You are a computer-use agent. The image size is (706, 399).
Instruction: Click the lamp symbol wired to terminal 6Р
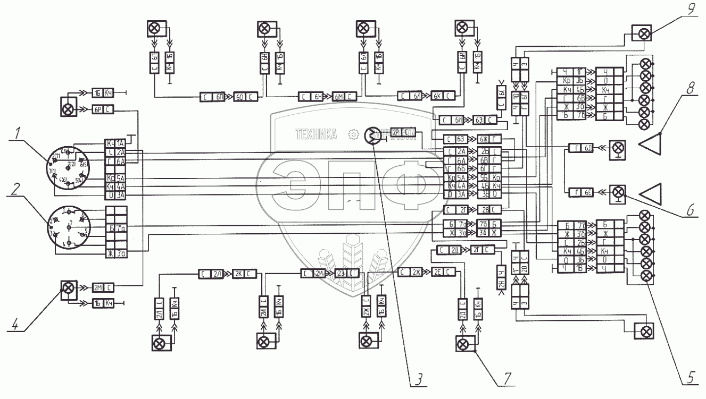click(68, 109)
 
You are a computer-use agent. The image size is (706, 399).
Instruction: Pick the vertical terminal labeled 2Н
click(502, 278)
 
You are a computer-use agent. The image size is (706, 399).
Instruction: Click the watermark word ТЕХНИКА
click(316, 135)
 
